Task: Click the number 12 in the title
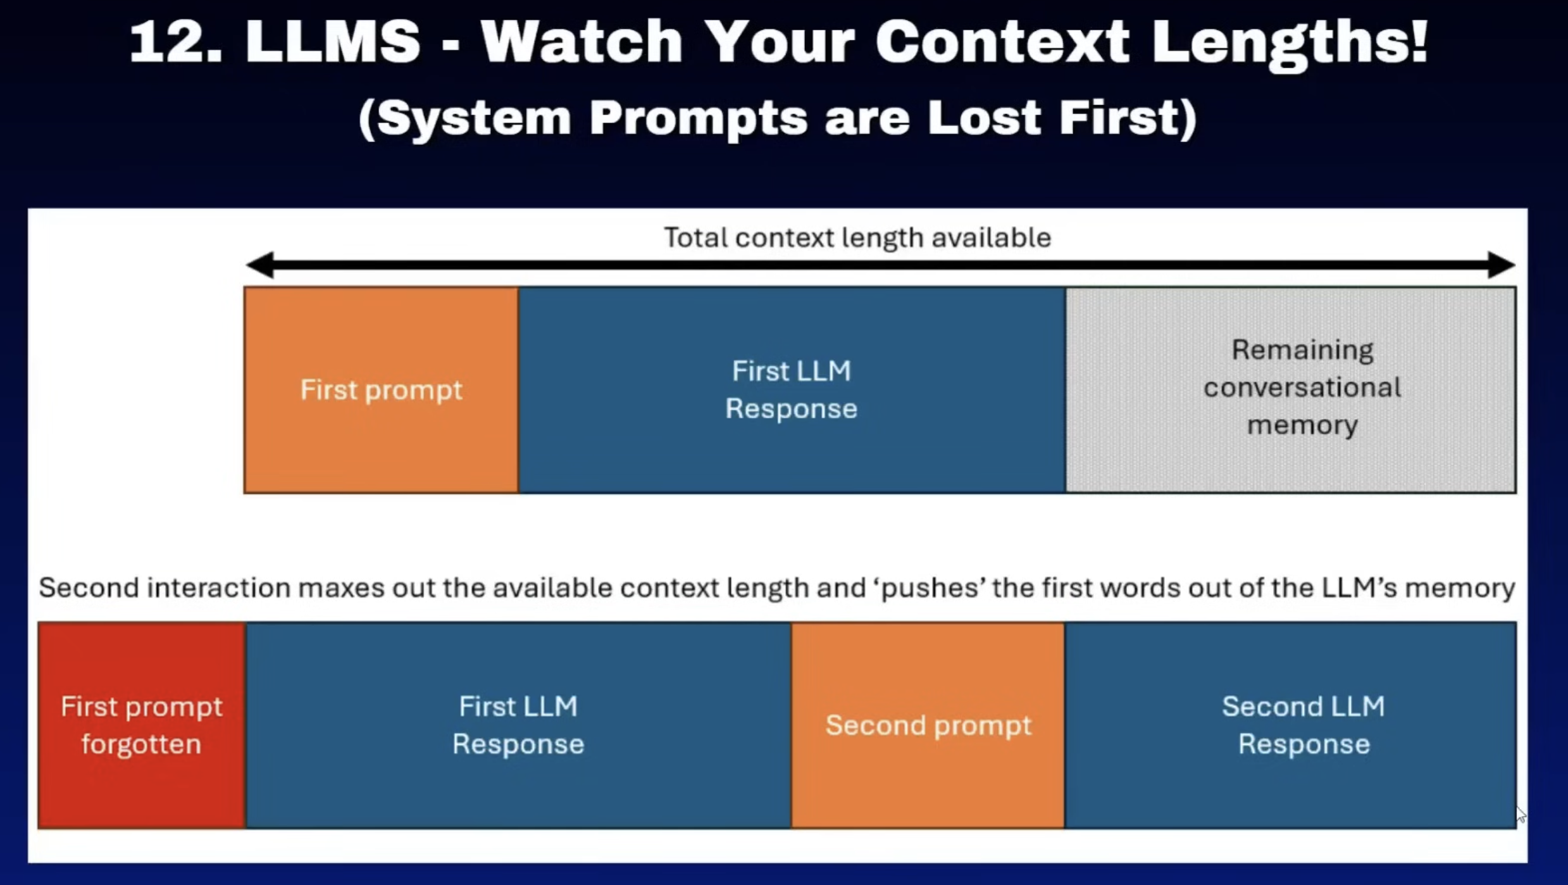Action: coord(175,41)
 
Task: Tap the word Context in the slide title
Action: coord(1002,41)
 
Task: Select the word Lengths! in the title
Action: coord(1290,44)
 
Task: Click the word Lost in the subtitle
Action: coord(984,117)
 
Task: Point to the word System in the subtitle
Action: coord(466,119)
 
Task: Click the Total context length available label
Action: coord(857,238)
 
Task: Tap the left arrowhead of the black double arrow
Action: coord(260,265)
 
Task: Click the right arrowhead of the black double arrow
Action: coord(1501,265)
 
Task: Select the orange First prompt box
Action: coord(382,390)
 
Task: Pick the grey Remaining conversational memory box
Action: coord(1291,390)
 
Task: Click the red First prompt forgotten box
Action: coord(142,725)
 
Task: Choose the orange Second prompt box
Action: coord(928,725)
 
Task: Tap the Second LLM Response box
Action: coord(1291,725)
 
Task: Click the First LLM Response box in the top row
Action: coord(792,390)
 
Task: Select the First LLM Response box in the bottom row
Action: coord(519,725)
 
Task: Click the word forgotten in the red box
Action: coord(141,744)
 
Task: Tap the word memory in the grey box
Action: coord(1302,425)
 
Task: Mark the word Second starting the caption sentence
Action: coord(89,587)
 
